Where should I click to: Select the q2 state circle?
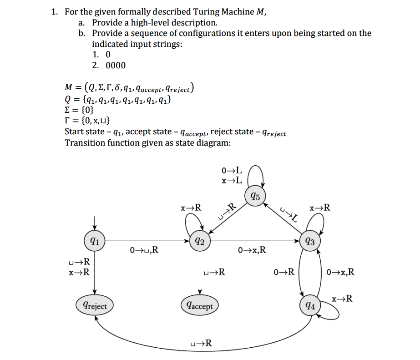pyautogui.click(x=199, y=241)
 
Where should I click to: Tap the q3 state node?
pyautogui.click(x=309, y=241)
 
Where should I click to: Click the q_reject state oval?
pyautogui.click(x=95, y=305)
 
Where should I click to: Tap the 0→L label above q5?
pyautogui.click(x=231, y=171)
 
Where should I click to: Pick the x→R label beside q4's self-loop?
pyautogui.click(x=342, y=299)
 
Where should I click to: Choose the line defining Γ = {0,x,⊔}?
pyautogui.click(x=87, y=121)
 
